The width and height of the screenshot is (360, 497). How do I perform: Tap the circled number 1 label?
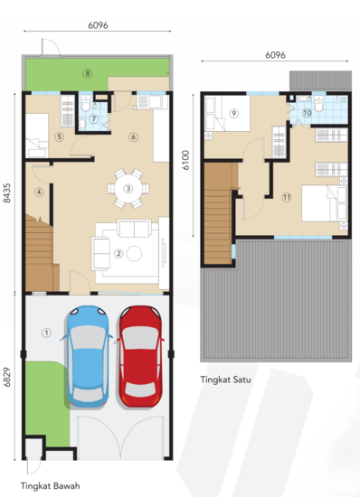(x=45, y=332)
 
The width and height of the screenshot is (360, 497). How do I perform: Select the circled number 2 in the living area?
(x=118, y=253)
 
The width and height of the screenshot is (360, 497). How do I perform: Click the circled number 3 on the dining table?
(x=128, y=189)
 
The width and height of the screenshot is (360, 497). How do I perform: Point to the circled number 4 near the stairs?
(x=39, y=192)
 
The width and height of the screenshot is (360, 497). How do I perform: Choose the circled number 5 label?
(x=58, y=137)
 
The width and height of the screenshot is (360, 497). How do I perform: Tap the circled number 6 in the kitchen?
(x=133, y=137)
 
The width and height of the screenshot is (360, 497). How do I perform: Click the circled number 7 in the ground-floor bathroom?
(x=94, y=119)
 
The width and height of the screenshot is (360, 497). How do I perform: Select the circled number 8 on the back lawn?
(x=88, y=72)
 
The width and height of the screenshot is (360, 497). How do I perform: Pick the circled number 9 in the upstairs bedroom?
(x=232, y=113)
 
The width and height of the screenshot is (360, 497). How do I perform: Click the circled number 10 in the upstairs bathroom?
(x=307, y=113)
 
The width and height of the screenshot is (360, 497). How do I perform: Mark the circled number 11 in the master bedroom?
(x=286, y=196)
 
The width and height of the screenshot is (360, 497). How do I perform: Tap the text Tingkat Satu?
(x=225, y=380)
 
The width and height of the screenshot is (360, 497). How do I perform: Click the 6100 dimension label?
(x=186, y=161)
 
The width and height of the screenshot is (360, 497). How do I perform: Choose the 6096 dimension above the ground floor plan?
(x=98, y=26)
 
